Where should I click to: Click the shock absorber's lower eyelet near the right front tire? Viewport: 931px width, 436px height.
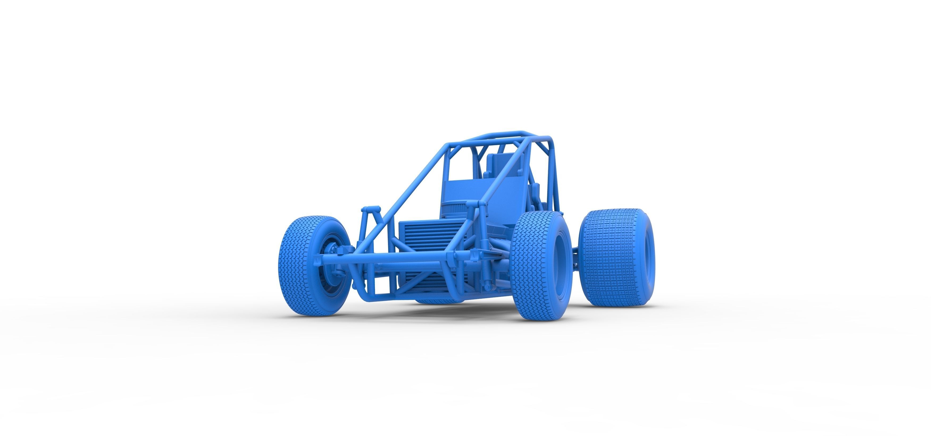click(488, 287)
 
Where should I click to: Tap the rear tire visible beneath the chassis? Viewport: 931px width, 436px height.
click(434, 300)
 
